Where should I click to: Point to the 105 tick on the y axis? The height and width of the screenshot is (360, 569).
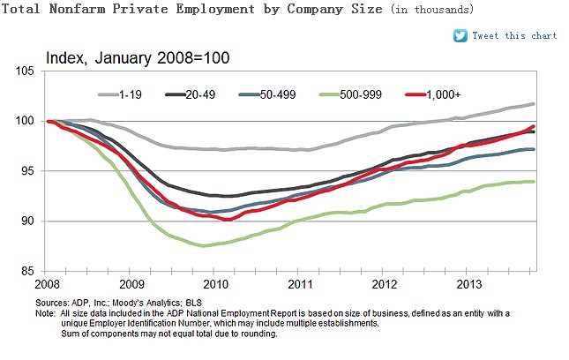click(32, 71)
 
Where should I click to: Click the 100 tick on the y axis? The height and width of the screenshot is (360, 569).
click(32, 121)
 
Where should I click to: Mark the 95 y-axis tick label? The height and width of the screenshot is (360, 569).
click(34, 171)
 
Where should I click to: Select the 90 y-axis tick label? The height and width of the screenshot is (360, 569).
click(34, 221)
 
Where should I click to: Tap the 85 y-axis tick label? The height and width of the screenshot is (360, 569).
click(34, 272)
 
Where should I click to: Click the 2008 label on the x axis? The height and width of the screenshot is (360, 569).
click(49, 286)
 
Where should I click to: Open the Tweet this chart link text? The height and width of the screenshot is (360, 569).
click(515, 36)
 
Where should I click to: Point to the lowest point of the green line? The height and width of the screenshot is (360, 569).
click(205, 246)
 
